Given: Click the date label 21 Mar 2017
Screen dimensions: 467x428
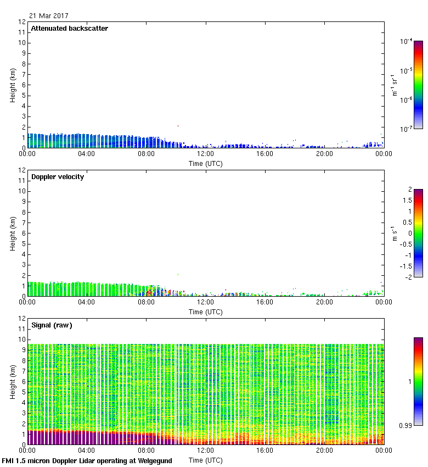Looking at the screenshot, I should [49, 15].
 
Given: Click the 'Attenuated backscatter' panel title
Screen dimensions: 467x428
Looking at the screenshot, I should [69, 29].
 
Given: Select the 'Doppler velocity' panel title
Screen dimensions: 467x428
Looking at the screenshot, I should [58, 177].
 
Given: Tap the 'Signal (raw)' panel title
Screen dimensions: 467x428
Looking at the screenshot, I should [52, 325].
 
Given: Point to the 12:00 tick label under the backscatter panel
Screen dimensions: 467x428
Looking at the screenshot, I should [205, 154].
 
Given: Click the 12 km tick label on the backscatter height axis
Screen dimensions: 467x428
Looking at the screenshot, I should [22, 22].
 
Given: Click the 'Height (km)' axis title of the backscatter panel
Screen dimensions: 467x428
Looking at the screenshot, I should [13, 85].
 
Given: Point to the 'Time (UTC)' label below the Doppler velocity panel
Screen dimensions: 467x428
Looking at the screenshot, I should [205, 312].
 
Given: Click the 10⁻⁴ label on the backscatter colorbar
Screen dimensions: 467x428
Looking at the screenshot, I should [406, 41].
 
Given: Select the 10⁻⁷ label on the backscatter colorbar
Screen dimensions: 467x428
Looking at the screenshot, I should [406, 129].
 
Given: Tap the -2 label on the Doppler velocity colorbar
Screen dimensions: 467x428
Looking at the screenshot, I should [408, 277].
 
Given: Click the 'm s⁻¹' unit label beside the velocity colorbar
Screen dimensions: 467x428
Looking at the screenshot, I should [394, 233].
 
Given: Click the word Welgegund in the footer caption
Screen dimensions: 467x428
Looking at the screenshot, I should [155, 461].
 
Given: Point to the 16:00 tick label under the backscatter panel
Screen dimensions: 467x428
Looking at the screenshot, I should [265, 154].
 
